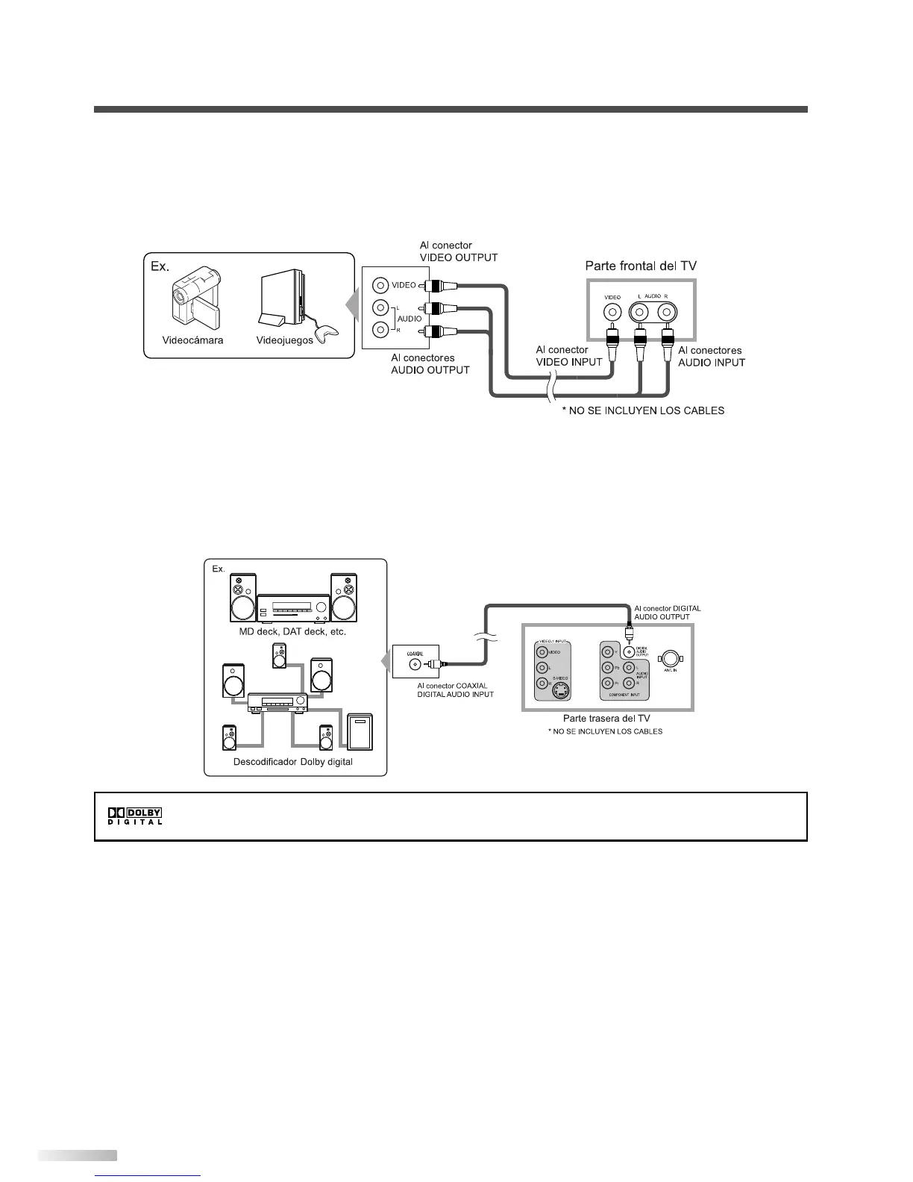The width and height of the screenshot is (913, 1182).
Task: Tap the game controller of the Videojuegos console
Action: tap(325, 332)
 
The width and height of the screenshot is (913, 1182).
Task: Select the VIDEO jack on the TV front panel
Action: tap(612, 312)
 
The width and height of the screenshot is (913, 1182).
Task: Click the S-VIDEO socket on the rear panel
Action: tap(559, 689)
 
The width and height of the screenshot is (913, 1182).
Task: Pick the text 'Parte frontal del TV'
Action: tap(641, 266)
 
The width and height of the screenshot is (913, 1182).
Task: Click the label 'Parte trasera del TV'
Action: tap(606, 718)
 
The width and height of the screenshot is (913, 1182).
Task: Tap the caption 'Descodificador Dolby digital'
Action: tap(293, 762)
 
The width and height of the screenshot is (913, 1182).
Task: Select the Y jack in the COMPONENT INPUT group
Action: tap(609, 651)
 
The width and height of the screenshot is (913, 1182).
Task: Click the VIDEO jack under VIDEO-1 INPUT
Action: tap(542, 651)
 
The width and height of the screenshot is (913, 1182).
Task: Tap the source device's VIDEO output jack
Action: tap(381, 285)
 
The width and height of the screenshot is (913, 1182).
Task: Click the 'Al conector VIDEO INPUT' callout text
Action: tap(569, 355)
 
